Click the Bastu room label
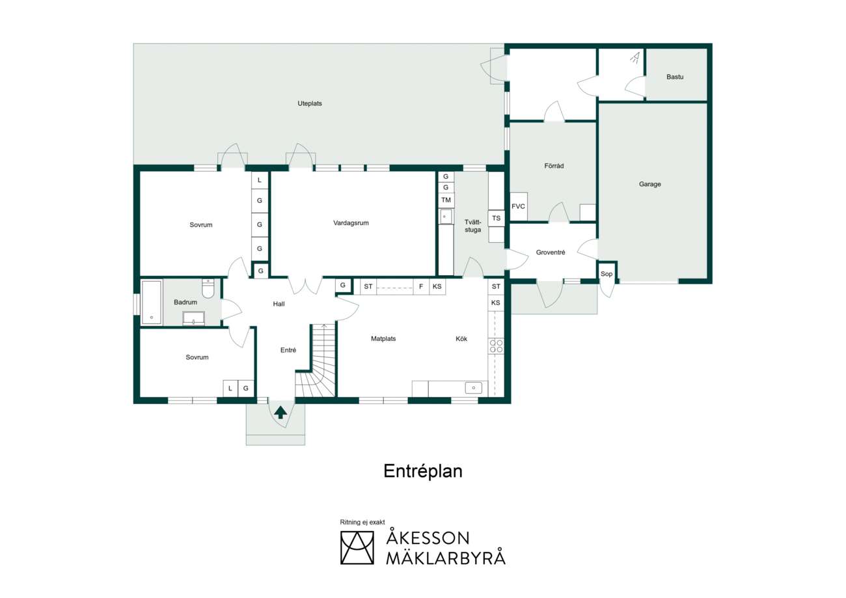tap(675, 77)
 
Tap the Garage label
tap(649, 184)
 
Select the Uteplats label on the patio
tap(309, 103)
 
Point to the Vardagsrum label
tap(351, 223)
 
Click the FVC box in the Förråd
tap(518, 206)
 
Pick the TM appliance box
tap(446, 200)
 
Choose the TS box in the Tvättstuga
tap(496, 218)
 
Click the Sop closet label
tap(606, 274)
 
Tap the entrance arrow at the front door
tap(280, 413)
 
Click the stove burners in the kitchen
tap(496, 346)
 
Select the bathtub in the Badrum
tap(152, 303)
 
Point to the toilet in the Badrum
tap(208, 288)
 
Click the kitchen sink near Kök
tap(473, 388)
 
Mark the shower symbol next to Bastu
tap(635, 58)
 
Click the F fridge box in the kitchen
tap(421, 286)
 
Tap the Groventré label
tap(551, 252)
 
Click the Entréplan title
tap(422, 472)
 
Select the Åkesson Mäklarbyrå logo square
tap(357, 548)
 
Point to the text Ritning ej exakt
tap(362, 522)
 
